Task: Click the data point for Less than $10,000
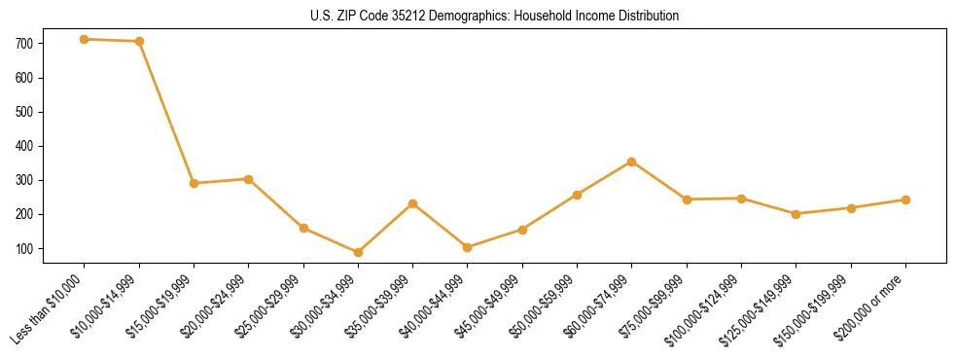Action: point(85,39)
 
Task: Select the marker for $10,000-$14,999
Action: point(139,41)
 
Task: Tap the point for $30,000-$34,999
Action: point(358,252)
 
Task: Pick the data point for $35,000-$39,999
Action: point(413,203)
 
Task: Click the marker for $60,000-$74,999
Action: point(632,162)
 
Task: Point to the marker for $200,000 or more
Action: point(905,199)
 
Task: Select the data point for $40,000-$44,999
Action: point(468,247)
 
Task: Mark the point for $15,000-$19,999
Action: point(195,183)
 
